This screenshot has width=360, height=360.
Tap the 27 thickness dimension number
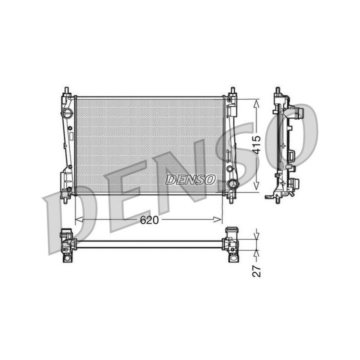pos(257,270)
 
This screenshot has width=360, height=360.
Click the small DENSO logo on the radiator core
pos(191,179)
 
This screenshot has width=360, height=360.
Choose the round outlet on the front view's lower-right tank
pos(231,186)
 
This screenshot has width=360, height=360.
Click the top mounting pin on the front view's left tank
pos(66,90)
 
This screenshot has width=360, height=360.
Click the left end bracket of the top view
pos(66,244)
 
